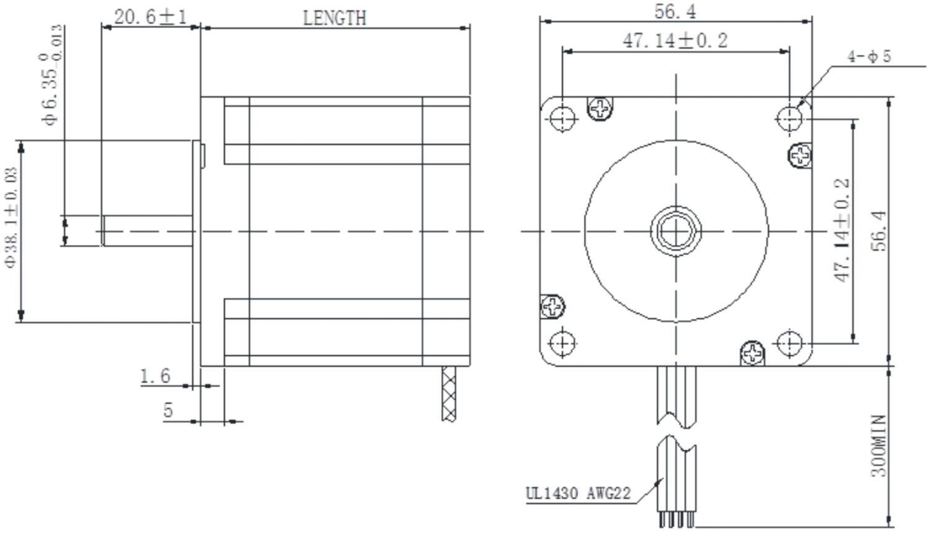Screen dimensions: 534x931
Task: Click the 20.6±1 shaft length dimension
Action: click(150, 17)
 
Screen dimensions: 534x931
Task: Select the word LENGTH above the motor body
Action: click(335, 18)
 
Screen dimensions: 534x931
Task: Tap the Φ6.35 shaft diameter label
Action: click(53, 74)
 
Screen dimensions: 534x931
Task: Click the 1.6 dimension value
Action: click(155, 376)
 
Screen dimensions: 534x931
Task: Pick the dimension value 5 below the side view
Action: click(168, 410)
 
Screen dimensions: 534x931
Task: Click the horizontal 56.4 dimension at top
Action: click(675, 11)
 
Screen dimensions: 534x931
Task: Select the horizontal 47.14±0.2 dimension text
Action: click(675, 41)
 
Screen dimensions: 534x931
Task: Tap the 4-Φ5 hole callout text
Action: click(869, 56)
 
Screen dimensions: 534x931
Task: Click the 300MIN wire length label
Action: click(878, 446)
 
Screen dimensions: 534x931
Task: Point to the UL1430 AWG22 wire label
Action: click(578, 494)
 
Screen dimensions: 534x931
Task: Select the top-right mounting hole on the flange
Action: click(789, 117)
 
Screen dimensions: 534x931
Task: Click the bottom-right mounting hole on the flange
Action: click(789, 342)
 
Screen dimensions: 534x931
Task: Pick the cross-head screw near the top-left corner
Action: click(600, 109)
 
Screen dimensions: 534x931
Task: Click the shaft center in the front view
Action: click(676, 231)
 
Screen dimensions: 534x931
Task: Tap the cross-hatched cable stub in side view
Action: click(449, 393)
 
